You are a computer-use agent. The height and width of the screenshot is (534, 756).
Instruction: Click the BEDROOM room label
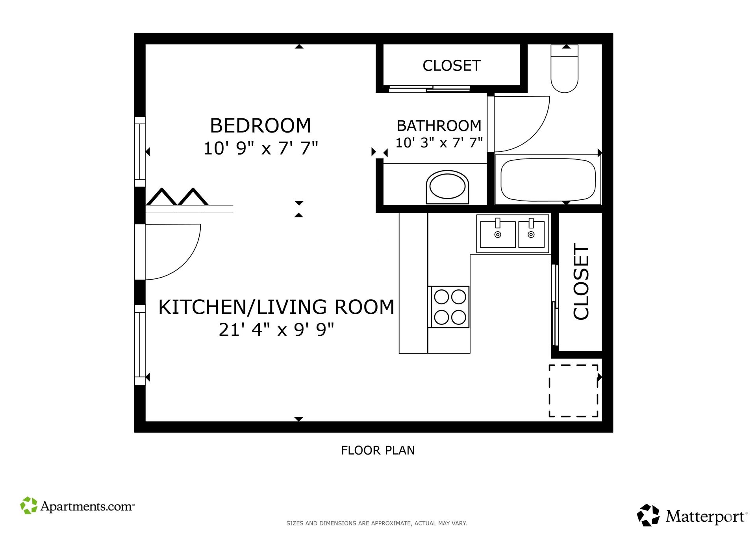260,126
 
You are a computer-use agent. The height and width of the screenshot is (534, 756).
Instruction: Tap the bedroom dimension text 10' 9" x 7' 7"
260,149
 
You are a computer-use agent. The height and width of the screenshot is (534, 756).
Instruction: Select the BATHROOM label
439,126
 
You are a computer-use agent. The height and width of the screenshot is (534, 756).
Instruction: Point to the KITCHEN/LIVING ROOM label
276,307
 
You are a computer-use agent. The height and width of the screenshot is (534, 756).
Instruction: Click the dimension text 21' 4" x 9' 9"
276,330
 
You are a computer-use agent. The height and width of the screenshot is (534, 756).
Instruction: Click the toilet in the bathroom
564,71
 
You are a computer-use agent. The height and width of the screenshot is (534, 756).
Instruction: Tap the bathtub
548,180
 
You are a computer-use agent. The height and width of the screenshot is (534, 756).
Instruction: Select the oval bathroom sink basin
447,186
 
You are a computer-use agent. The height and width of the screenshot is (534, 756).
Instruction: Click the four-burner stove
450,307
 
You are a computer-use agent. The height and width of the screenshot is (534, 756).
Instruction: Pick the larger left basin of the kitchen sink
498,234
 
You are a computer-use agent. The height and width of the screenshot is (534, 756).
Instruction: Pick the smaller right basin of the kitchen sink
531,234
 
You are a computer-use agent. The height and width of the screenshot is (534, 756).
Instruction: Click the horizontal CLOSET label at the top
452,66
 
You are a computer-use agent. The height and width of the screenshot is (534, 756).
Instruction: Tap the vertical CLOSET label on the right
581,282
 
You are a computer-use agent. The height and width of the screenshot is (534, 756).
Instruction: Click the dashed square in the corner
573,390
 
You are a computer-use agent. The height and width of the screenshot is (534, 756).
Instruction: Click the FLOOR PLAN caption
378,450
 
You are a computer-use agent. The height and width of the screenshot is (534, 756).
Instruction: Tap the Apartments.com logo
78,506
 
